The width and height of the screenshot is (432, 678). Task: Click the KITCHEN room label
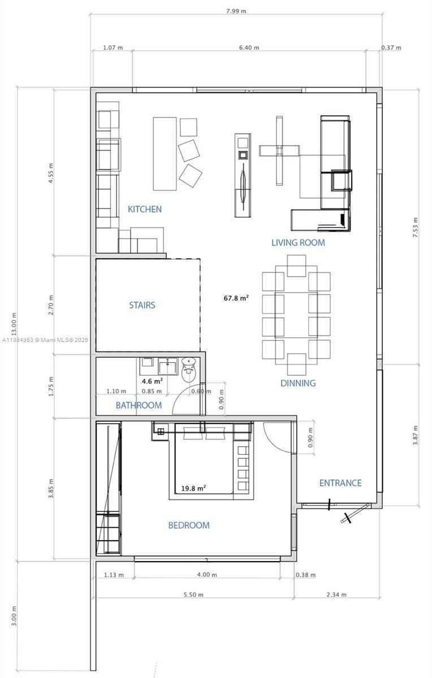pos(145,209)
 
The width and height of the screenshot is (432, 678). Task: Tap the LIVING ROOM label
pos(298,242)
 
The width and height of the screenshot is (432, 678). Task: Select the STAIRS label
pos(142,305)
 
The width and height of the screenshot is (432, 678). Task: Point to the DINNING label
pos(298,383)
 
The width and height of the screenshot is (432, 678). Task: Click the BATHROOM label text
pos(139,405)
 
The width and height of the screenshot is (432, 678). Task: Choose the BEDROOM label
pos(189,525)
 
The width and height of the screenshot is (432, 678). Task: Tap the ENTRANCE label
pos(340,483)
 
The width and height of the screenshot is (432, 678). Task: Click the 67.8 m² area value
pos(236,298)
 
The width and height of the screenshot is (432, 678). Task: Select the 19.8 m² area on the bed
pos(193,489)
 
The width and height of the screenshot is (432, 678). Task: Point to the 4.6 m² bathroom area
pos(152,381)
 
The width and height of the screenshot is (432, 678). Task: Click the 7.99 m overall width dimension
pos(236,11)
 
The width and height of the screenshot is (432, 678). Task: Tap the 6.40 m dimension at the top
pos(249,48)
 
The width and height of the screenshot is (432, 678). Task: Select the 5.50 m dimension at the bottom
pos(193,594)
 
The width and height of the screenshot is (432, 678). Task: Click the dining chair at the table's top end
pos(296,266)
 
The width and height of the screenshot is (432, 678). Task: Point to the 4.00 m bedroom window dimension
pos(206,575)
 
